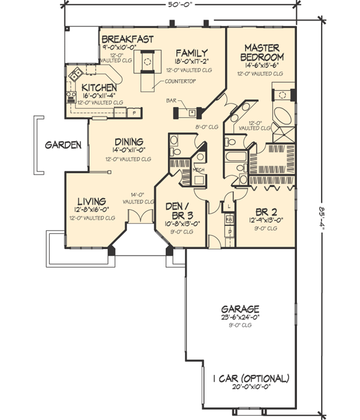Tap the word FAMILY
[192, 52]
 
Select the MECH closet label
[198, 170]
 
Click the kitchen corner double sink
[76, 74]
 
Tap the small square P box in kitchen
[134, 112]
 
